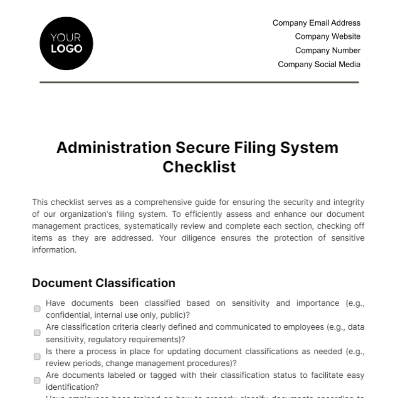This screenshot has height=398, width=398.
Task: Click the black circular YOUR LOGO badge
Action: (66, 43)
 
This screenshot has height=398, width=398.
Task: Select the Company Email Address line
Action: (316, 23)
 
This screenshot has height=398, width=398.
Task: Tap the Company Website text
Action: (327, 36)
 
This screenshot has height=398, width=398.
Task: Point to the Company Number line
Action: (328, 50)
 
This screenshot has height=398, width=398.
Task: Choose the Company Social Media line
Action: (319, 64)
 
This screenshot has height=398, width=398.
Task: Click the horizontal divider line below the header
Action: (199, 82)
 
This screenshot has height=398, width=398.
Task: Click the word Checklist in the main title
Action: (199, 167)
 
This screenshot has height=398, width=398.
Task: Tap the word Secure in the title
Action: (202, 148)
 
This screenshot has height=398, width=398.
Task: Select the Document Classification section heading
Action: (103, 283)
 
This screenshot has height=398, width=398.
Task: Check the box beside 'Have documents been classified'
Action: (37, 309)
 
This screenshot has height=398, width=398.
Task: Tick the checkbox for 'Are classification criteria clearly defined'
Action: (37, 333)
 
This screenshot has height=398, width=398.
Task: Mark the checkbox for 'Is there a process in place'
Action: (37, 357)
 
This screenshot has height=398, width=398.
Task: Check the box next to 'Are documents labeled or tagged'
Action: (37, 380)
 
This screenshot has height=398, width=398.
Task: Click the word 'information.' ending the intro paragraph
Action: (54, 250)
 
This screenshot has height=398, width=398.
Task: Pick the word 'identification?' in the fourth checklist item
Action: (72, 387)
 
